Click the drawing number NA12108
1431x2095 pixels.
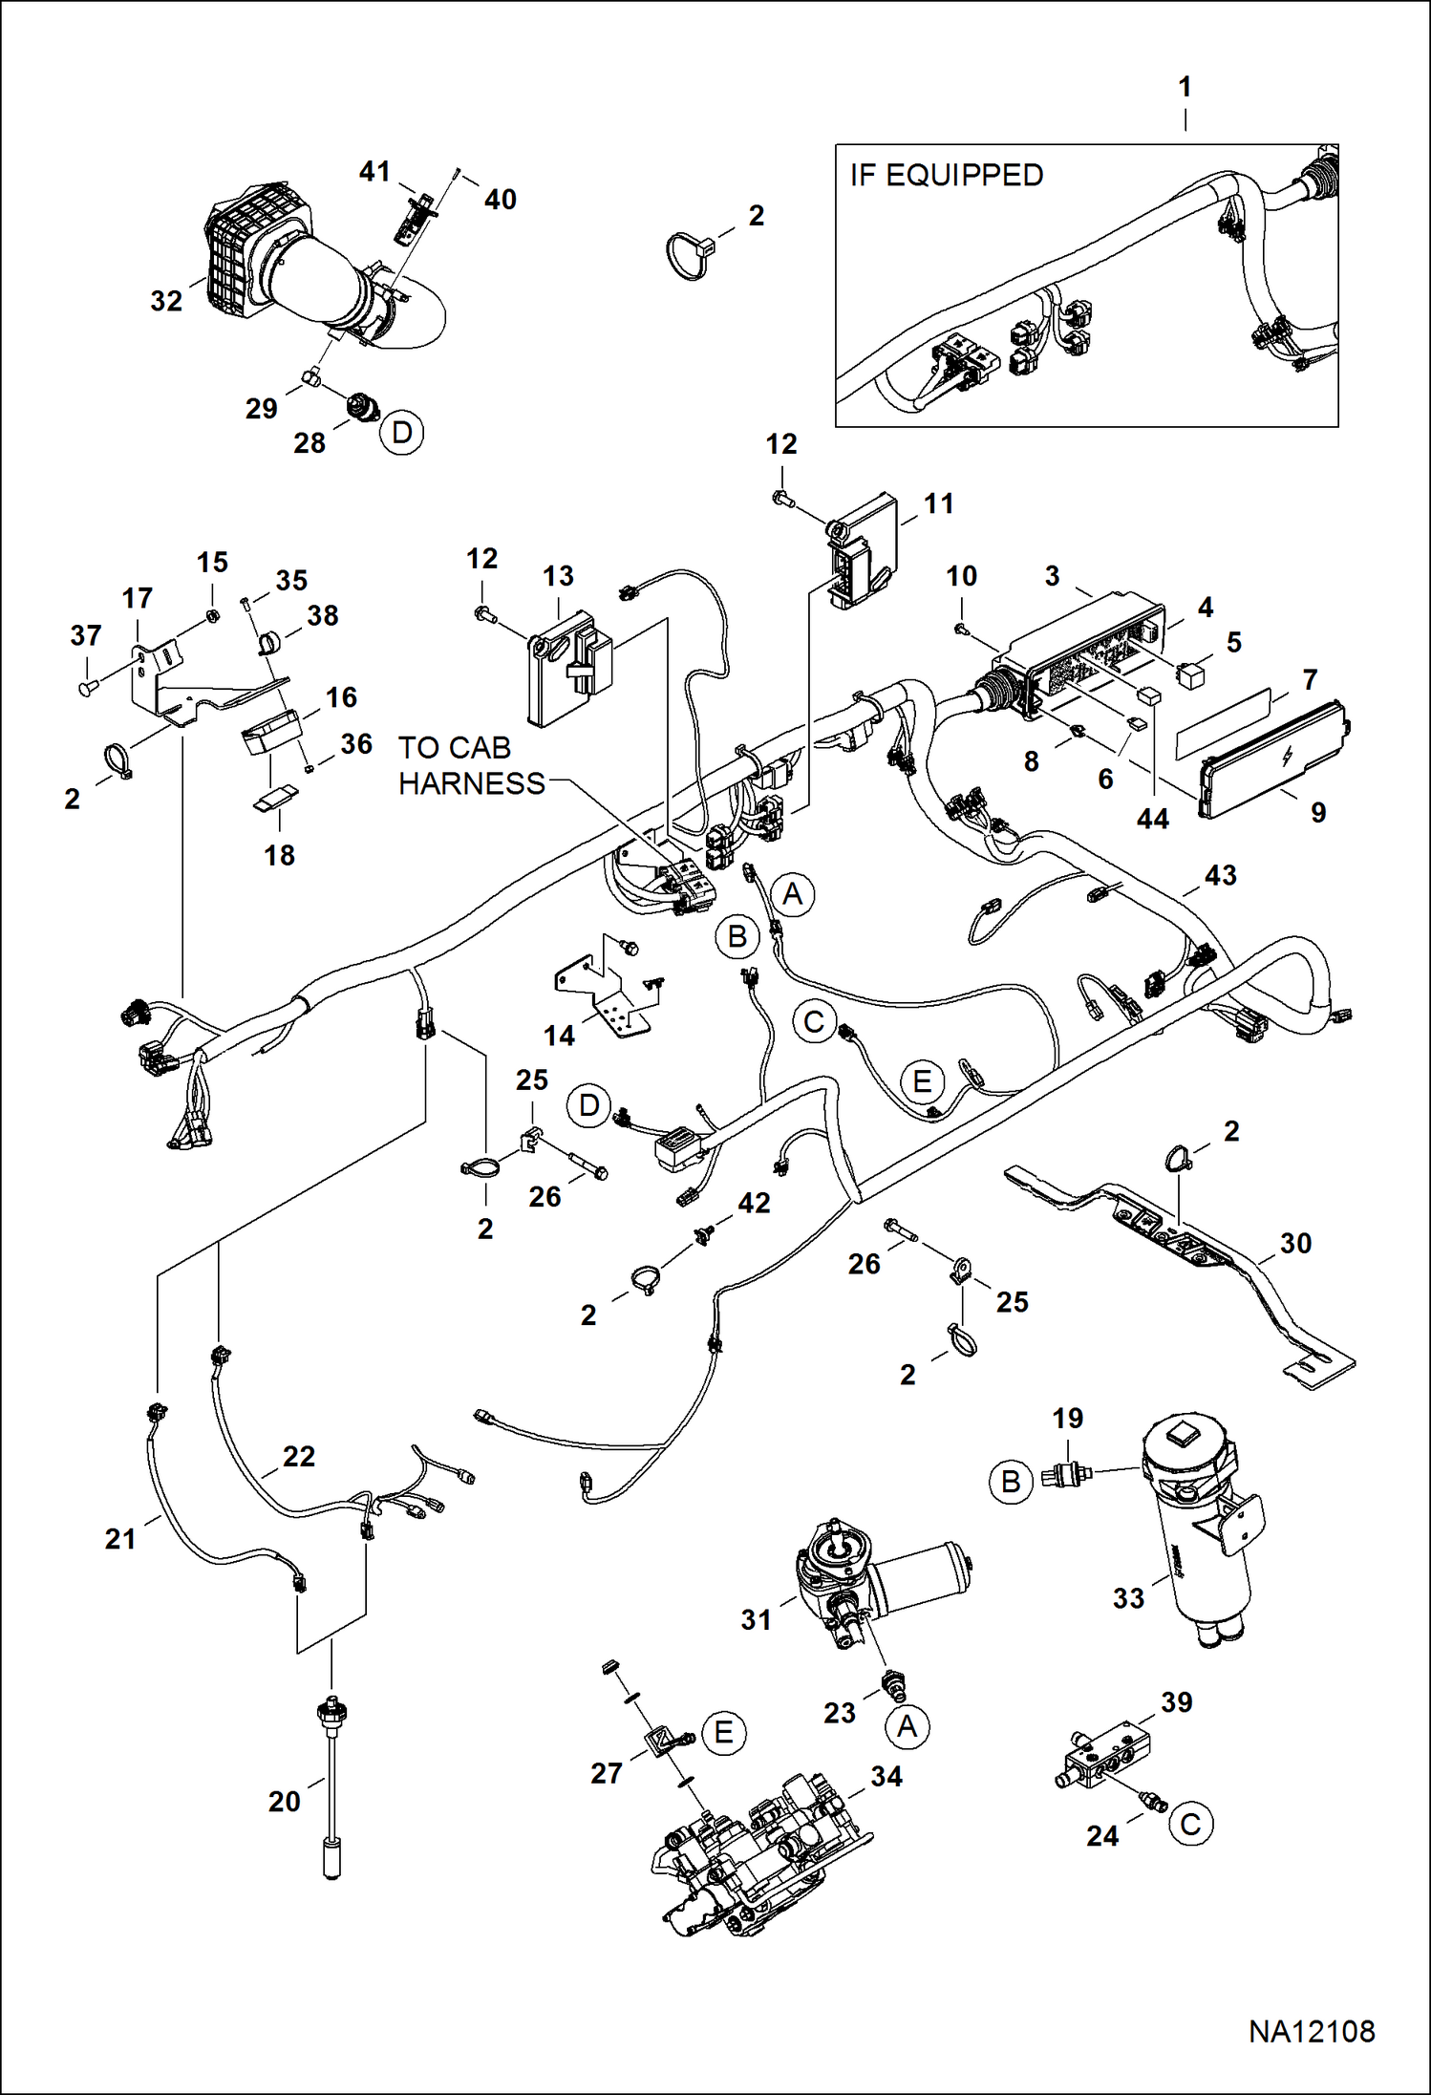point(1311,2031)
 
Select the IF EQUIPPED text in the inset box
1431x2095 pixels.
point(946,176)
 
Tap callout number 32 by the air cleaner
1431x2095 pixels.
point(166,301)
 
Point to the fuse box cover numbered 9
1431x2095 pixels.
point(1271,759)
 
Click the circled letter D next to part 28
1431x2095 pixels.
point(401,433)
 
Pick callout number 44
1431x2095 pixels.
point(1152,819)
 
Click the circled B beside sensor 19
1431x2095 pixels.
point(1011,1482)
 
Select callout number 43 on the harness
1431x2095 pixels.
point(1220,875)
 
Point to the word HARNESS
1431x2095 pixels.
point(471,783)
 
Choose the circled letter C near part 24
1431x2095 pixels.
point(1190,1824)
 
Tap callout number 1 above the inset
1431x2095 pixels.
point(1185,87)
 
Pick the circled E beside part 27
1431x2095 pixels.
point(723,1732)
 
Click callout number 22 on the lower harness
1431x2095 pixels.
point(298,1456)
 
